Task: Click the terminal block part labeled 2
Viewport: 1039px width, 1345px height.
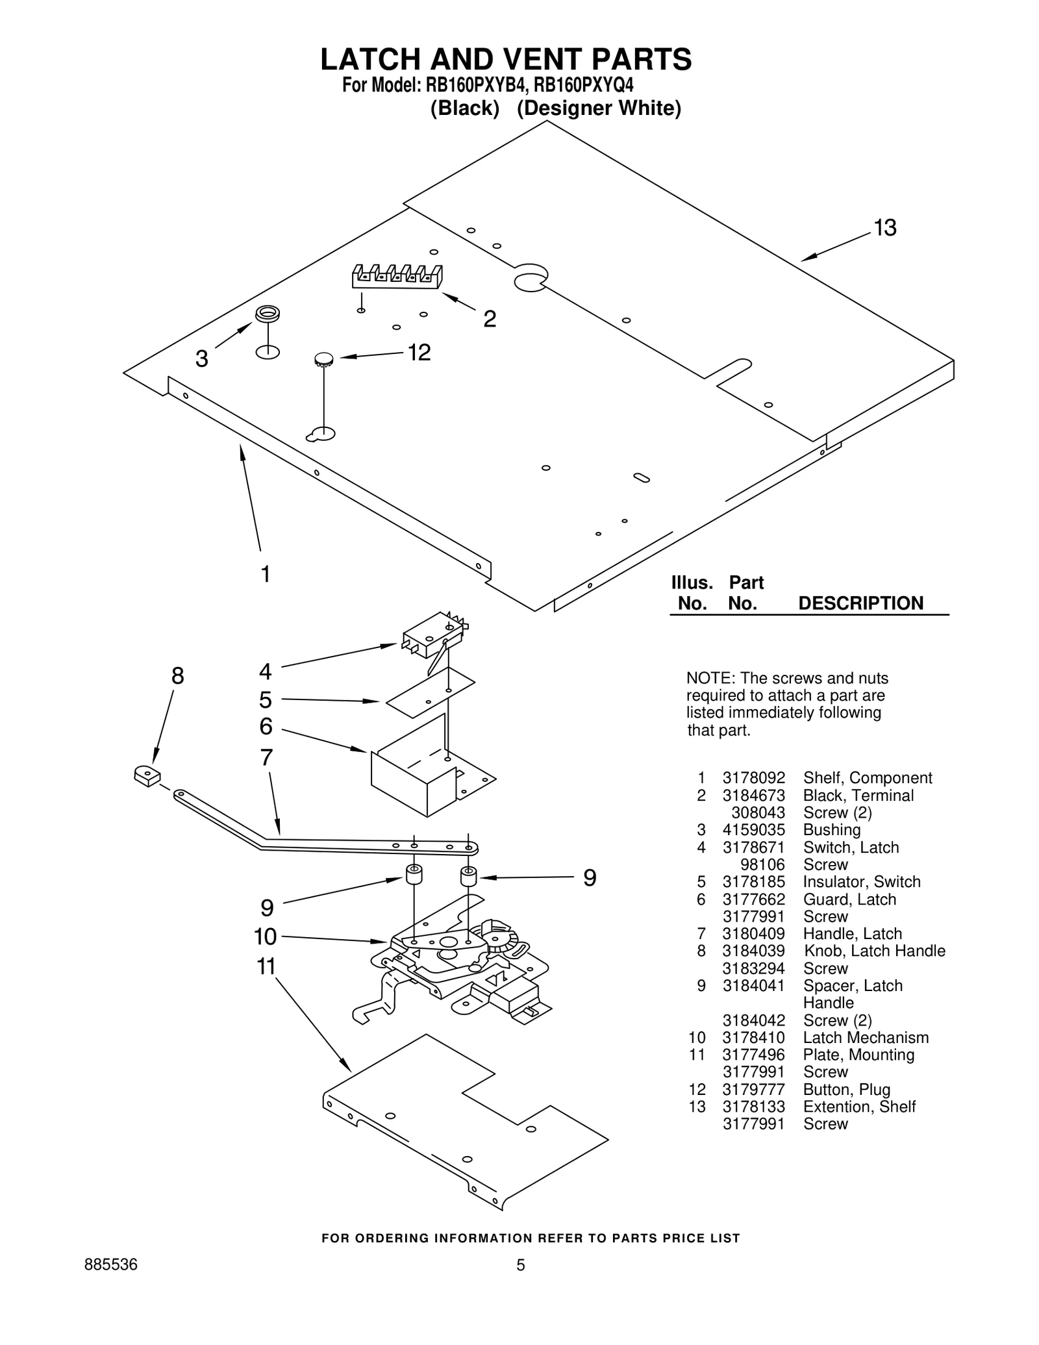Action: pos(397,277)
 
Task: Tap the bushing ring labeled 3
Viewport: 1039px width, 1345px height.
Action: pos(267,314)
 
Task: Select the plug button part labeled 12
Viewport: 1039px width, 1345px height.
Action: pos(323,358)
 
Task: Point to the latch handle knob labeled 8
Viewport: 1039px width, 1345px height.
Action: pos(147,775)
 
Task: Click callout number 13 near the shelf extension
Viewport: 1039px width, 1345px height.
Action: pos(884,229)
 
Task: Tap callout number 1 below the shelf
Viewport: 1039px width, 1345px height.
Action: pos(266,574)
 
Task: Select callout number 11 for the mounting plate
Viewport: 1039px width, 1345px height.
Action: pos(266,966)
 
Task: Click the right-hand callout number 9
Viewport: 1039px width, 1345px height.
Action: pos(590,878)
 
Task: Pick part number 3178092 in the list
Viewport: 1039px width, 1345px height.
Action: pos(753,778)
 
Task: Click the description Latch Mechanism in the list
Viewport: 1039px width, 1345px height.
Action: pos(866,1038)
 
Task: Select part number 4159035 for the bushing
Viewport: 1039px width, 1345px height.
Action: pos(753,830)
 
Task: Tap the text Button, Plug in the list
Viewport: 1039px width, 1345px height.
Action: pos(846,1090)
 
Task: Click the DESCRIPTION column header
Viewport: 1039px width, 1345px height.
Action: pos(860,603)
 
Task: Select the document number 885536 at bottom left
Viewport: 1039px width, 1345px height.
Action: pos(111,1264)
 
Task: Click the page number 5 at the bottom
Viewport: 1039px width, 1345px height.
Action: pos(520,1265)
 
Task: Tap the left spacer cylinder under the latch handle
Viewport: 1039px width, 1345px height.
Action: pos(414,874)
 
